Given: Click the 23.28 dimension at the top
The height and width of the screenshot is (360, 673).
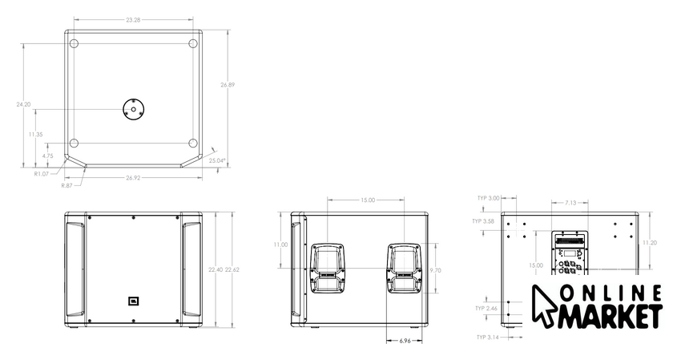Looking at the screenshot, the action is click(134, 20).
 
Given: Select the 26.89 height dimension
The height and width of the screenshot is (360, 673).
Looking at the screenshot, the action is click(228, 85).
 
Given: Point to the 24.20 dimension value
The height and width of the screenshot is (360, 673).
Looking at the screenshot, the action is click(23, 104).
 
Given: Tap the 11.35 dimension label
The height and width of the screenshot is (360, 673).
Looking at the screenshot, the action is click(35, 135).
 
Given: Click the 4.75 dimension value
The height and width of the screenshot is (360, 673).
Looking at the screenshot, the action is click(47, 156).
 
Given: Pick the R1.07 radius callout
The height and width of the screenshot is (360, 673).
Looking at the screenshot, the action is click(42, 174).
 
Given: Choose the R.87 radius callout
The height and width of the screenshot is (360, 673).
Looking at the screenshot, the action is click(67, 185).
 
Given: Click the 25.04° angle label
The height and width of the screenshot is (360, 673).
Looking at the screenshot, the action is click(217, 160).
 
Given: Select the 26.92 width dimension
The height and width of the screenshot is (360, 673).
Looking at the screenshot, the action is click(134, 178).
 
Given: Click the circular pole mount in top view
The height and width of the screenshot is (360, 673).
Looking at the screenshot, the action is click(134, 109).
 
